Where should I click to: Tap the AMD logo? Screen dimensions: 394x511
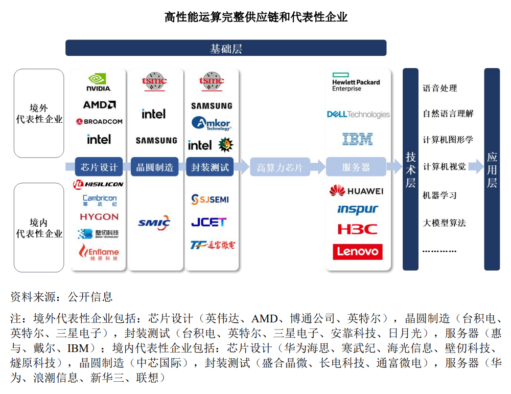[99, 105]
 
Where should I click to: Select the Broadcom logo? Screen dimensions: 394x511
[99, 122]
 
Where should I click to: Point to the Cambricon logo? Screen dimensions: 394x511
[100, 200]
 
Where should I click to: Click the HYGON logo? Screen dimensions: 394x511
[99, 217]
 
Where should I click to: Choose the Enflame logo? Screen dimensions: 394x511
[99, 251]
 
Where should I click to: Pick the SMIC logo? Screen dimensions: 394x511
[154, 223]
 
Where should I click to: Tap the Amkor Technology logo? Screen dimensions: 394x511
[211, 124]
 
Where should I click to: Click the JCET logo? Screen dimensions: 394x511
[208, 223]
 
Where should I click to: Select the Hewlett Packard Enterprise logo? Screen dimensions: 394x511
[356, 82]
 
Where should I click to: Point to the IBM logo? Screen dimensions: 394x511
[358, 139]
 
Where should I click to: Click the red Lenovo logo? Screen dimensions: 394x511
[358, 252]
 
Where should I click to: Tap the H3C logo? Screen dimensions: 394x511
[358, 229]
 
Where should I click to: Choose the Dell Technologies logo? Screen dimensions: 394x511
[358, 115]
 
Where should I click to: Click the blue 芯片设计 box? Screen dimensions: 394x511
[99, 167]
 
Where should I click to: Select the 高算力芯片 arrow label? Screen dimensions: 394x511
[280, 167]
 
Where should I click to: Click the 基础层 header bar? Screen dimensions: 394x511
[226, 49]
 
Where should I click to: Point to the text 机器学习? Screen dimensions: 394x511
[439, 195]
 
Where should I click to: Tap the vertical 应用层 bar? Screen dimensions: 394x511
[492, 169]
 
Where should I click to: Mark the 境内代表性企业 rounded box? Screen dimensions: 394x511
[39, 228]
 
